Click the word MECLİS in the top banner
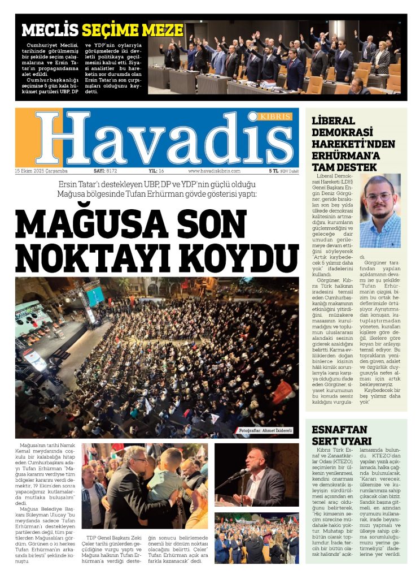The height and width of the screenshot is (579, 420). [x=50, y=30]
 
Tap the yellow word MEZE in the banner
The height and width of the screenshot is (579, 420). [x=162, y=30]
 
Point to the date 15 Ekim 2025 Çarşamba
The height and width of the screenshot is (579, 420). [x=41, y=171]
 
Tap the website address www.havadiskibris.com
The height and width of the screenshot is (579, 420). [x=214, y=171]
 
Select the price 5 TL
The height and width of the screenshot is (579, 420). [x=274, y=171]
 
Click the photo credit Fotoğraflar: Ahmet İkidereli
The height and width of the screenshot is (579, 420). [x=265, y=430]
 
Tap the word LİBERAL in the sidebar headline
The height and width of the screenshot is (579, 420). [x=334, y=121]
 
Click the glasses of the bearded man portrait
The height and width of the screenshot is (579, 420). [x=379, y=197]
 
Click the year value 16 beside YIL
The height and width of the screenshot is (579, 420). [x=161, y=171]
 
